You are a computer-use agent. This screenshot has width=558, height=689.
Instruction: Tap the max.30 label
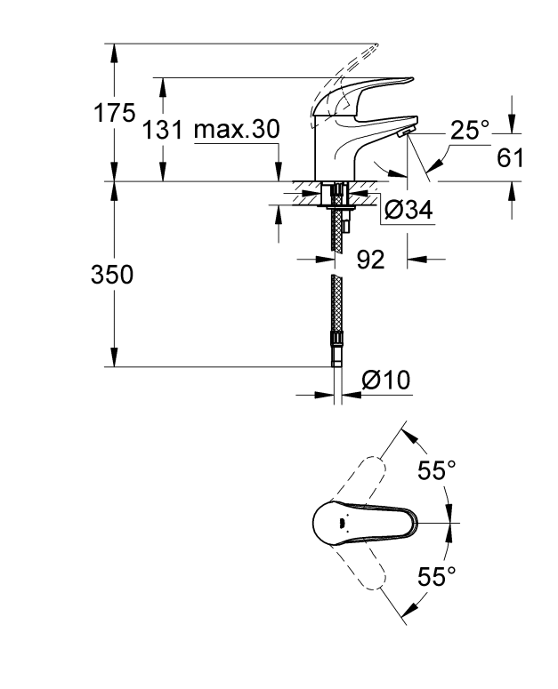[x=236, y=130]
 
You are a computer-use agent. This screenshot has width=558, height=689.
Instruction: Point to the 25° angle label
[x=469, y=131]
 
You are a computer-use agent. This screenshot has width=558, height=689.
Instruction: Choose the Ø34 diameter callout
[x=409, y=210]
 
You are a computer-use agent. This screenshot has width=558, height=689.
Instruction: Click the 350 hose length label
[x=113, y=276]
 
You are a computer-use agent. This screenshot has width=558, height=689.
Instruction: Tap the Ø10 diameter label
[x=384, y=381]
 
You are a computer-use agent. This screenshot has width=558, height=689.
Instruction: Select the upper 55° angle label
[x=437, y=471]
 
